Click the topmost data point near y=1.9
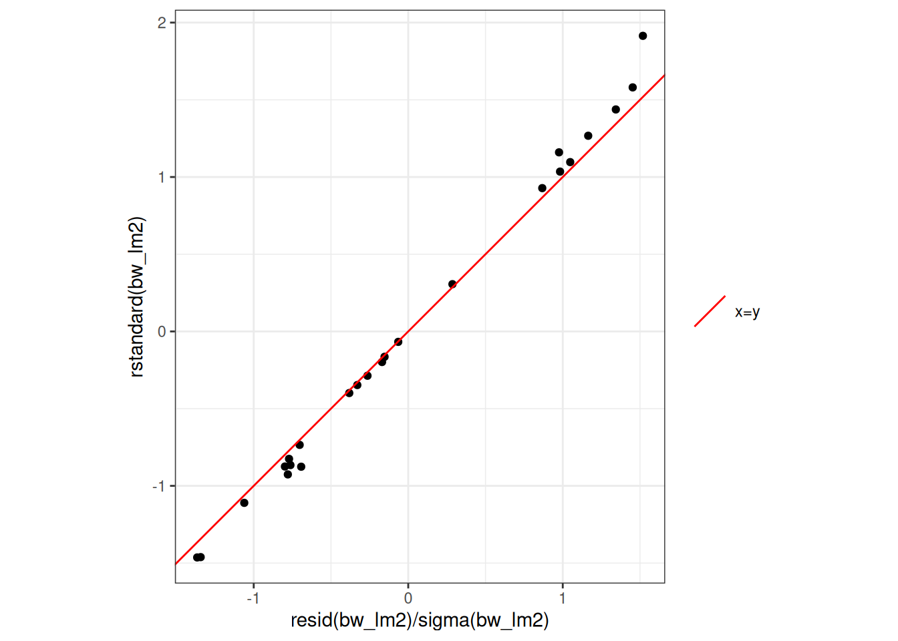click(643, 36)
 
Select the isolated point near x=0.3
click(452, 284)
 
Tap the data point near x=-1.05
click(245, 503)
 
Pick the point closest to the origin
click(398, 342)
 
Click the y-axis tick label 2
click(162, 23)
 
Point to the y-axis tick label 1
click(162, 177)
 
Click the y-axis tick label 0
click(162, 332)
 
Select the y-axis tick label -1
click(159, 486)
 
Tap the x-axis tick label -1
click(253, 598)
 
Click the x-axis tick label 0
click(408, 598)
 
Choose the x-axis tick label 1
click(563, 598)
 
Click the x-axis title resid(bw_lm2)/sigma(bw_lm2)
click(420, 620)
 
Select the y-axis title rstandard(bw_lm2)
click(137, 297)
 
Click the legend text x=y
click(747, 312)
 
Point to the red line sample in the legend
click(710, 311)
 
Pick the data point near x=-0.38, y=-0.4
click(349, 393)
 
